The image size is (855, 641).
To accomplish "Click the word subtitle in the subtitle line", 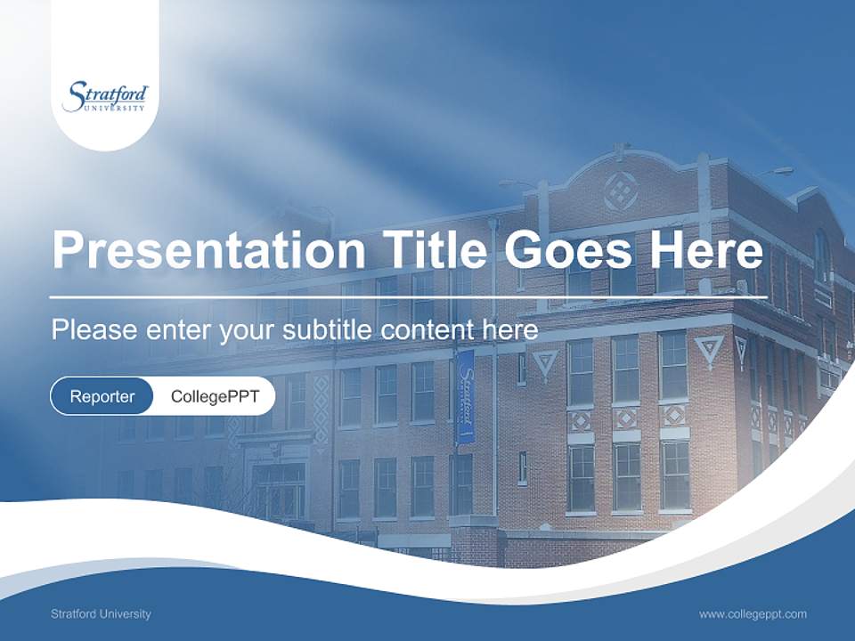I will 327,330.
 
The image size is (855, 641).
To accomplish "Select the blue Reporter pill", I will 102,396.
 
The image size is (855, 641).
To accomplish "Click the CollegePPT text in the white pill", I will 215,396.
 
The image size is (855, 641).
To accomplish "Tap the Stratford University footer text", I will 101,613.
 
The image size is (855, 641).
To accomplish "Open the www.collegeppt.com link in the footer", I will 753,613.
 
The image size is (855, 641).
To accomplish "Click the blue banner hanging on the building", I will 465,396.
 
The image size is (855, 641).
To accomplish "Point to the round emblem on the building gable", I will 620,191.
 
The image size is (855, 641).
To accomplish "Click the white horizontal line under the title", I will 408,296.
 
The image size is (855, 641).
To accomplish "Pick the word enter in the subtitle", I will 179,330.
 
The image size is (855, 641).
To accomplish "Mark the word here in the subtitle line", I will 509,330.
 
